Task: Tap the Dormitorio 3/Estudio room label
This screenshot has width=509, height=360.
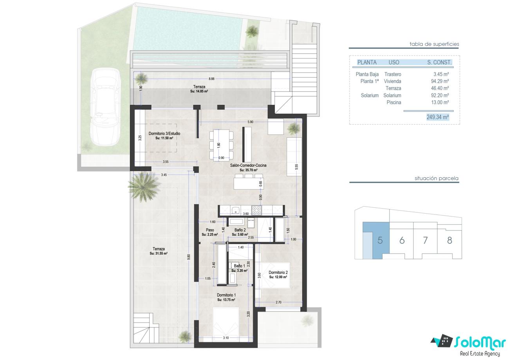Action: (x=164, y=133)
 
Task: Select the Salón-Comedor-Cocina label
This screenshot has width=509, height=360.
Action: (x=248, y=166)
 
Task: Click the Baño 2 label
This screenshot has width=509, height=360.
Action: (x=240, y=230)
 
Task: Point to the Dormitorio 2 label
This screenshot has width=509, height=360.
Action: (x=278, y=272)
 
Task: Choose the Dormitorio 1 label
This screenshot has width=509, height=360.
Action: (x=226, y=295)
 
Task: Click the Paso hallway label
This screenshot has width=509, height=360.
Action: (x=210, y=230)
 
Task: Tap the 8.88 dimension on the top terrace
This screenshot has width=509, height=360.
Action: (x=211, y=79)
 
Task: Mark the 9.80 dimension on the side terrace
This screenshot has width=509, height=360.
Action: (x=188, y=257)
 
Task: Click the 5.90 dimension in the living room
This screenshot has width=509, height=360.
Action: (x=250, y=122)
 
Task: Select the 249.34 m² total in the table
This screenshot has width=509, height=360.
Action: (x=438, y=117)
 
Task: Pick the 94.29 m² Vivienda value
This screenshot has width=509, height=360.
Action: (x=440, y=81)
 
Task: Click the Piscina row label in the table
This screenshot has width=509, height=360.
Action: (x=394, y=103)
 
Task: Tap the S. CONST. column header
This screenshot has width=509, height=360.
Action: (x=439, y=62)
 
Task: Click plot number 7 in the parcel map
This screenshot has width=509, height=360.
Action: (x=425, y=240)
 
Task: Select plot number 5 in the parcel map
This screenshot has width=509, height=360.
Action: (x=380, y=240)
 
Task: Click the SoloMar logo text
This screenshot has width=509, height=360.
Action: (x=480, y=343)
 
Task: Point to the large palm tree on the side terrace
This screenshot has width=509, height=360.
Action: (x=144, y=187)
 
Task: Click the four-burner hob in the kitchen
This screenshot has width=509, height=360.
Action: (x=256, y=210)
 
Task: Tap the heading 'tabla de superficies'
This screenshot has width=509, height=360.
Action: (x=434, y=44)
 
